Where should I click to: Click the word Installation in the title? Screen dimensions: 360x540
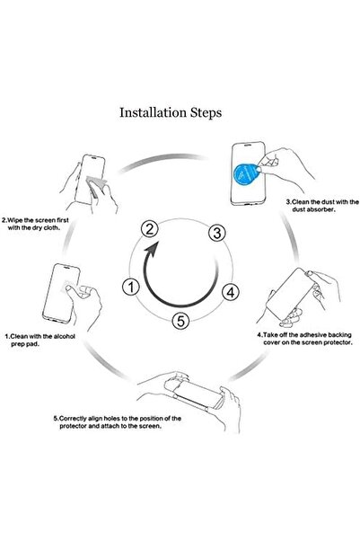click(153, 112)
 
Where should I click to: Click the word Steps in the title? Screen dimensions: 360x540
click(206, 113)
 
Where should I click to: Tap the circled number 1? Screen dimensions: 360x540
click(131, 288)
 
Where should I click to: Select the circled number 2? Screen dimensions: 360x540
click(150, 229)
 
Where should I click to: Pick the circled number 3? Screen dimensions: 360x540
click(217, 233)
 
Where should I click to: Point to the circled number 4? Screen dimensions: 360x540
click(231, 292)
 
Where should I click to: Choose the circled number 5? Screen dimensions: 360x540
click(180, 321)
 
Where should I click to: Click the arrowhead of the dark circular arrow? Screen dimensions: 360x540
click(152, 248)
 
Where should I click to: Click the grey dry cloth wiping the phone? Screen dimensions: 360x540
click(95, 184)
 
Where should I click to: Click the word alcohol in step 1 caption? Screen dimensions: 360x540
click(65, 336)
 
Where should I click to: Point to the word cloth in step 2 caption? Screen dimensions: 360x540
click(52, 227)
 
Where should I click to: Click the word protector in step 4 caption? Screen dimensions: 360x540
click(338, 342)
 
